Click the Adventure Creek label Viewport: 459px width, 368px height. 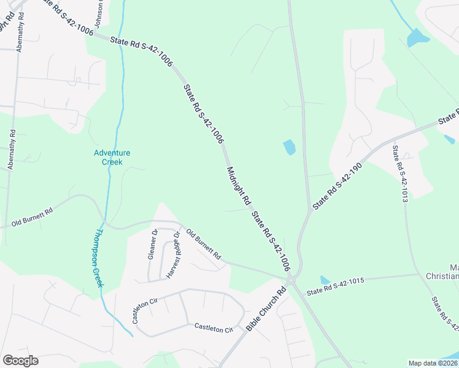point(112,157)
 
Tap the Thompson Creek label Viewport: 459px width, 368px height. point(99,258)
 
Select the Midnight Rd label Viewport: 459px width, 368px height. point(239,186)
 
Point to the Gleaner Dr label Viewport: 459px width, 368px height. point(153,244)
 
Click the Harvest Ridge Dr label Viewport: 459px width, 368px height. point(171,255)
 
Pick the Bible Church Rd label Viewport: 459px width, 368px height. point(266,310)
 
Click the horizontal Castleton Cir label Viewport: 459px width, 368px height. point(214,329)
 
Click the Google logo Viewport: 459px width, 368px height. point(20,361)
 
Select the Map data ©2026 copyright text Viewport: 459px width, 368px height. point(433,362)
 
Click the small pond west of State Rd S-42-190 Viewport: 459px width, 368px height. point(289,147)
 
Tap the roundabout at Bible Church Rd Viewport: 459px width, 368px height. point(291,280)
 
